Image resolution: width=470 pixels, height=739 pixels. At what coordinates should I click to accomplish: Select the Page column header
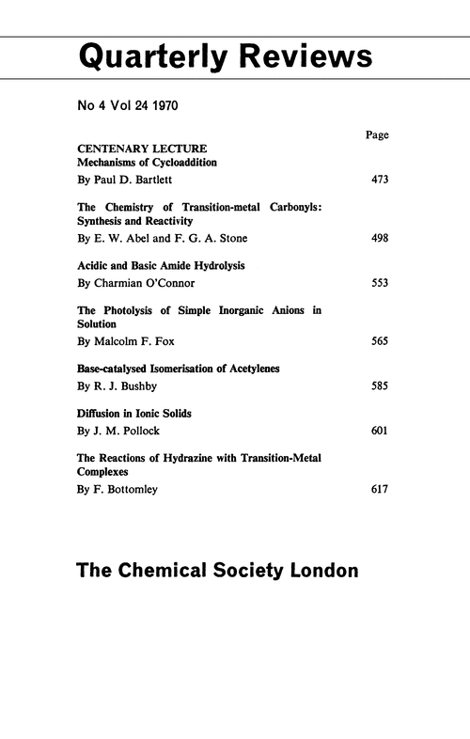pyautogui.click(x=376, y=135)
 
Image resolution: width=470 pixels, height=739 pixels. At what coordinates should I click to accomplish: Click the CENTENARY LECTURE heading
pyautogui.click(x=142, y=149)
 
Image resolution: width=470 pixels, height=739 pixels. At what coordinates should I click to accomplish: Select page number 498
pyautogui.click(x=380, y=238)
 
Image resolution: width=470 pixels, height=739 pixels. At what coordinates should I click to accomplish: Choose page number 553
pyautogui.click(x=380, y=282)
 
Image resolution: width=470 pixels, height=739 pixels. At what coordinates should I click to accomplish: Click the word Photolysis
pyautogui.click(x=132, y=311)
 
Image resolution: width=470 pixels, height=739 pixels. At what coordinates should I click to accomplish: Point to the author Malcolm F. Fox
pyautogui.click(x=132, y=341)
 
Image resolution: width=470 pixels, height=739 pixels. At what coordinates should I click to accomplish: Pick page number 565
pyautogui.click(x=380, y=341)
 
